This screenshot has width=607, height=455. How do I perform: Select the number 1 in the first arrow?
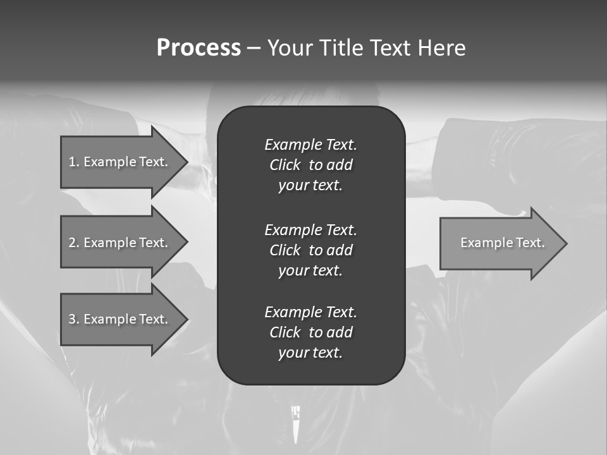(72, 162)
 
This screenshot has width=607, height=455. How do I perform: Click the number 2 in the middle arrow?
(72, 243)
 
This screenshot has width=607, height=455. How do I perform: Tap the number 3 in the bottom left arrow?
(72, 319)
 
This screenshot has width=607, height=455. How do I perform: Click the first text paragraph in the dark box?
(310, 165)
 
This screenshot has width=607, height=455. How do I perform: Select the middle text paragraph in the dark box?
(310, 250)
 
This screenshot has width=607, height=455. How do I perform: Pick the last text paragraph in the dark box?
(310, 332)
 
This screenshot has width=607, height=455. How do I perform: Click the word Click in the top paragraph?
(285, 165)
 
